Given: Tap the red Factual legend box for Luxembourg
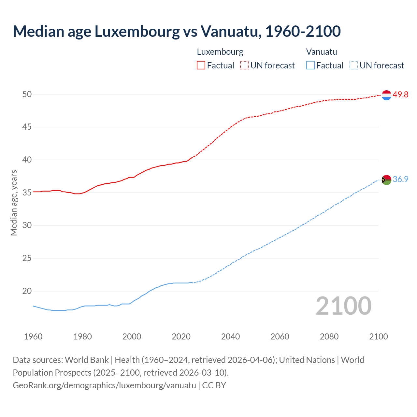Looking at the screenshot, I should (201, 65).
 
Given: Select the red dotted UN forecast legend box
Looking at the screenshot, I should (244, 65).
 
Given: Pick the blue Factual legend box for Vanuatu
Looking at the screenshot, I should (310, 65).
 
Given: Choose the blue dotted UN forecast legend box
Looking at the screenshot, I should (353, 65).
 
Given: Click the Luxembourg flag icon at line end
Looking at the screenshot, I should (386, 95).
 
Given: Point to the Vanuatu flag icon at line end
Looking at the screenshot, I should (386, 180).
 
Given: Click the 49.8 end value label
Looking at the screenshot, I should (400, 95).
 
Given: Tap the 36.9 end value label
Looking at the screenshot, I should (400, 180).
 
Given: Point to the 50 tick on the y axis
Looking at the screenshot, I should (27, 94).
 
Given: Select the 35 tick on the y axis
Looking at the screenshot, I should (27, 193).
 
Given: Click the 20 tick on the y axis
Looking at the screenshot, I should (27, 291).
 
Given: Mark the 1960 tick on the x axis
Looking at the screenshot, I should (33, 337).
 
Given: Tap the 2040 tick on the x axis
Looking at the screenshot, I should (230, 337).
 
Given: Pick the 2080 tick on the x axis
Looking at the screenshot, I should (329, 337).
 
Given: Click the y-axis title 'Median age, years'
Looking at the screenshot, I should (14, 203).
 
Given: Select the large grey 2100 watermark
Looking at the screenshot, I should (343, 306).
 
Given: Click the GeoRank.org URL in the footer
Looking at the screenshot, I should (104, 385).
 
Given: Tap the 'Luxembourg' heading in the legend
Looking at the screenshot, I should (220, 52).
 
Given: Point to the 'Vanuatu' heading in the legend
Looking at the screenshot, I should (322, 52).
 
